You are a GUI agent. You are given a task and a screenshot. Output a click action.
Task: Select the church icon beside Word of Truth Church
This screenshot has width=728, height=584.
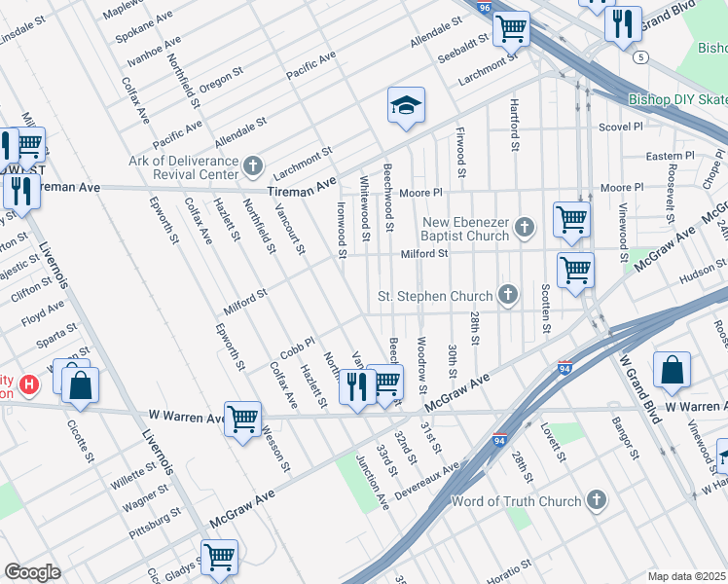tap(596, 500)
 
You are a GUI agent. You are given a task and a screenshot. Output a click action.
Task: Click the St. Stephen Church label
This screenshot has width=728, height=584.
tap(436, 295)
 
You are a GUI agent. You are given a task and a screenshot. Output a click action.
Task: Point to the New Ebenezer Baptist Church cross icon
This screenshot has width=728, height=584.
tap(526, 228)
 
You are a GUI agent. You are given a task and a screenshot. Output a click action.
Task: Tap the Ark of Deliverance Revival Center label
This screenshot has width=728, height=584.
tap(184, 166)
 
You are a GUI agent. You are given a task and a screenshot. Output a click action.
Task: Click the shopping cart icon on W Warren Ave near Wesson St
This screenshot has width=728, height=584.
tap(242, 420)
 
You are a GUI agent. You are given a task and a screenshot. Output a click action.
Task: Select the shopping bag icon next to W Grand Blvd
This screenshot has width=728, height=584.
tap(672, 370)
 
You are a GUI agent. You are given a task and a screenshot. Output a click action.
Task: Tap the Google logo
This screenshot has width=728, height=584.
tap(32, 572)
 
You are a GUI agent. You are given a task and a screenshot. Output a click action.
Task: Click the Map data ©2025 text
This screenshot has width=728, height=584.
tap(686, 576)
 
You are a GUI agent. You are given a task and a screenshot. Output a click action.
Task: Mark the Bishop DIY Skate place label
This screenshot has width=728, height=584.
tap(677, 99)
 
